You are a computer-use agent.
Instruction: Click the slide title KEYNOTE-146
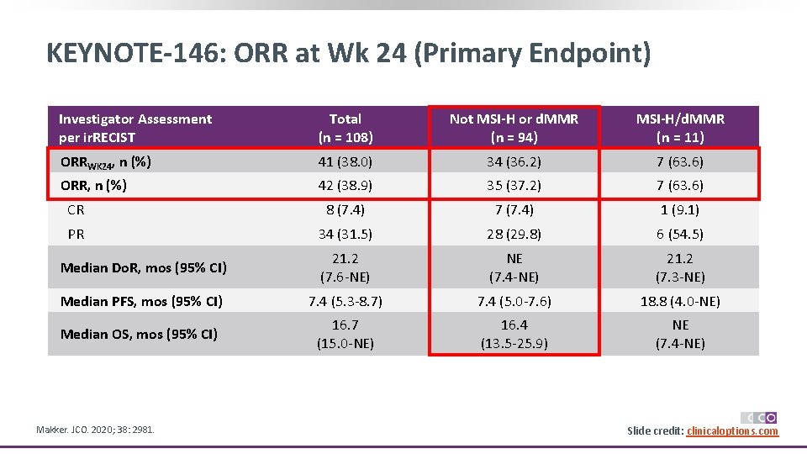(348, 54)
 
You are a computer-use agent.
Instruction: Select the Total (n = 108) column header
(345, 128)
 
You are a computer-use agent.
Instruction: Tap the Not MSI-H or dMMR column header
(514, 128)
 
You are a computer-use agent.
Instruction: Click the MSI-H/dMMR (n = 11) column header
(680, 128)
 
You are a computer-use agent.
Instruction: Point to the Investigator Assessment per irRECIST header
(135, 128)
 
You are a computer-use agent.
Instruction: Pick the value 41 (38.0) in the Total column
(345, 161)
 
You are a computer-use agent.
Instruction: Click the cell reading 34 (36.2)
(514, 161)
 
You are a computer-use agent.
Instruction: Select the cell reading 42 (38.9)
(345, 185)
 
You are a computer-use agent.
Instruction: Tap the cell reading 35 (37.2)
(514, 185)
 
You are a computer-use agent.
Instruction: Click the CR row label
(76, 210)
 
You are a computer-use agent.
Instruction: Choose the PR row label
(76, 235)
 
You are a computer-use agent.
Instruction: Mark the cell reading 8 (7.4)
(345, 210)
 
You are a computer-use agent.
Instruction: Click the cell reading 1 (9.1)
(680, 210)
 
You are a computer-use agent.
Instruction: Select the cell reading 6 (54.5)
(680, 235)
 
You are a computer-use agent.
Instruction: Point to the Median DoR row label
(143, 268)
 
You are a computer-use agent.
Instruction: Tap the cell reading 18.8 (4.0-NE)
(680, 301)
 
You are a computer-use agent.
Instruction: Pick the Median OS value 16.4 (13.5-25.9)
(514, 334)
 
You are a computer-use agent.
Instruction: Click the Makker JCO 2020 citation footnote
(95, 430)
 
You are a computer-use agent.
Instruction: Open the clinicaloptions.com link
(732, 431)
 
